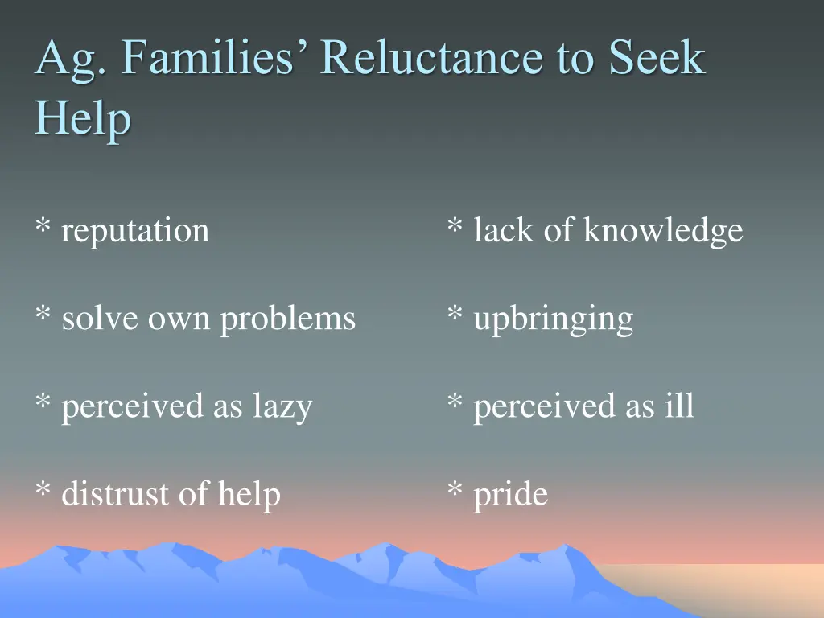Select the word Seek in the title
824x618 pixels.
point(656,60)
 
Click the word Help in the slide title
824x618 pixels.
point(82,119)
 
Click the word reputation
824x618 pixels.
point(135,232)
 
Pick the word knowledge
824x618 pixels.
point(662,232)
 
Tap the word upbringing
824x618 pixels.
point(553,319)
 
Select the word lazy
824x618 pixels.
point(282,407)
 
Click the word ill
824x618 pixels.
point(678,406)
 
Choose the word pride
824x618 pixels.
point(510,495)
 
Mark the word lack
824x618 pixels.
point(504,231)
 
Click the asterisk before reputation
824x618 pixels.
point(43,228)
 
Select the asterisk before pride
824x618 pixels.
point(455,491)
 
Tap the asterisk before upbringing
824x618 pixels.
point(455,315)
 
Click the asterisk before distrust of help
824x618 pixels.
point(43,491)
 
